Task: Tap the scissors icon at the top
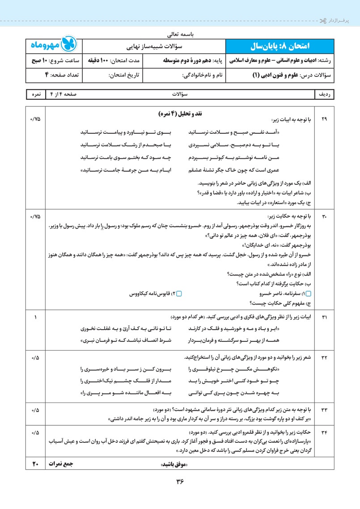pyautogui.click(x=323, y=21)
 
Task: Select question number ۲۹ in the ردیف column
pyautogui.click(x=324, y=119)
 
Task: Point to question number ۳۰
pyautogui.click(x=324, y=216)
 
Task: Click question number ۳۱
pyautogui.click(x=324, y=317)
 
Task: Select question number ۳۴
pyautogui.click(x=324, y=433)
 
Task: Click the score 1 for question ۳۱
pyautogui.click(x=35, y=317)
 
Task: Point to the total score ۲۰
pyautogui.click(x=35, y=464)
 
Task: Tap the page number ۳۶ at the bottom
pyautogui.click(x=180, y=481)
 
